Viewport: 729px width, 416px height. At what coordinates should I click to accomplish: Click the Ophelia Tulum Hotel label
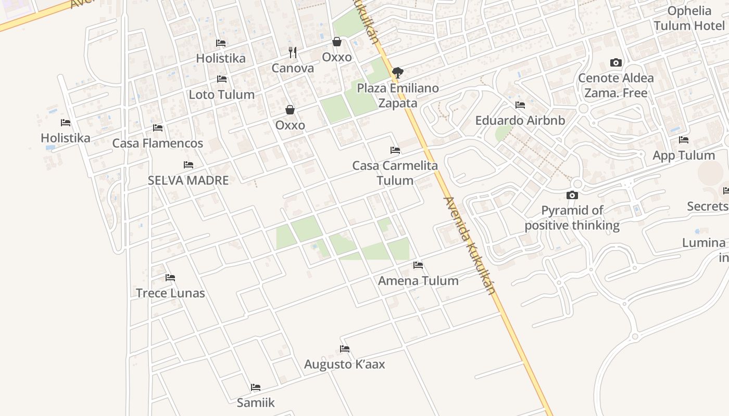pyautogui.click(x=689, y=18)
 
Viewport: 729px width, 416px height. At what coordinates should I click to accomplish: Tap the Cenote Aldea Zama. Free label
pyautogui.click(x=616, y=86)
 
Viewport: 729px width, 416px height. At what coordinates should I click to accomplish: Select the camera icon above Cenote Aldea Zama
pyautogui.click(x=616, y=63)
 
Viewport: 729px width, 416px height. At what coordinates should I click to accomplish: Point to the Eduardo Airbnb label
pyautogui.click(x=520, y=121)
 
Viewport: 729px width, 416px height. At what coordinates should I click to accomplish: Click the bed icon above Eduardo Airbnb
pyautogui.click(x=520, y=105)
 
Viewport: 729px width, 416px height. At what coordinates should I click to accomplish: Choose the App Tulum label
pyautogui.click(x=683, y=155)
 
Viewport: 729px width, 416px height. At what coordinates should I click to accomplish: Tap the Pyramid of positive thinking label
pyautogui.click(x=572, y=218)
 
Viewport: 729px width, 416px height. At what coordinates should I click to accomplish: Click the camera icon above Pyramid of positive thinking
pyautogui.click(x=572, y=196)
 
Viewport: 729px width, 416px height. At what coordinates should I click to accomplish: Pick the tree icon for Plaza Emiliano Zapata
pyautogui.click(x=398, y=72)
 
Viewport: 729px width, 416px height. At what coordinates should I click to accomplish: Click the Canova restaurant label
pyautogui.click(x=293, y=68)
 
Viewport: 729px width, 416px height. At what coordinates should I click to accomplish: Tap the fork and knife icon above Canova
pyautogui.click(x=293, y=52)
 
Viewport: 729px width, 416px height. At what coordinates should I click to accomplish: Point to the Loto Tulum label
pyautogui.click(x=221, y=95)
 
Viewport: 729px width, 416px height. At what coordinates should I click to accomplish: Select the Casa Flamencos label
pyautogui.click(x=158, y=144)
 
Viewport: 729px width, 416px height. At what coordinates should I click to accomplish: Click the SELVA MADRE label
pyautogui.click(x=188, y=180)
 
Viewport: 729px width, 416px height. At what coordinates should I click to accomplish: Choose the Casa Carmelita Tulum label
pyautogui.click(x=395, y=173)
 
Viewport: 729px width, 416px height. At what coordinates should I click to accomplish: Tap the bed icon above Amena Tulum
pyautogui.click(x=418, y=265)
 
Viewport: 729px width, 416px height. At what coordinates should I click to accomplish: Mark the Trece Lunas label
pyautogui.click(x=170, y=293)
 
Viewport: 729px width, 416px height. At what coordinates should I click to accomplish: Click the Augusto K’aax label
pyautogui.click(x=345, y=365)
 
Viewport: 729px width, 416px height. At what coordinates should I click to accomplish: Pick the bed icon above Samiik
pyautogui.click(x=256, y=387)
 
